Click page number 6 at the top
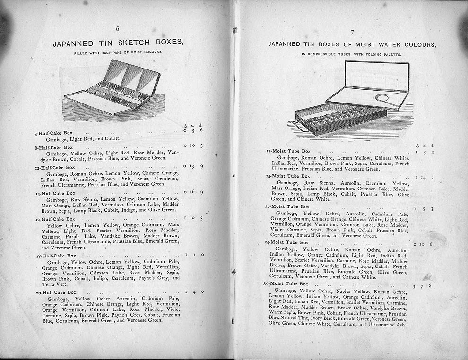pyautogui.click(x=117, y=29)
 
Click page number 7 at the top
pyautogui.click(x=352, y=33)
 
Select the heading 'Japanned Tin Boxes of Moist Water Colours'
pyautogui.click(x=352, y=44)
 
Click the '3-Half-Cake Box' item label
pyautogui.click(x=53, y=133)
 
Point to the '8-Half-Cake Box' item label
pyautogui.click(x=53, y=147)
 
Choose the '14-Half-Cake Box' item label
pyautogui.click(x=55, y=193)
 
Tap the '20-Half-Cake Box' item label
pyautogui.click(x=56, y=292)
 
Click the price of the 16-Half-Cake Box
pyautogui.click(x=193, y=218)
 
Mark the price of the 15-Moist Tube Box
pyautogui.click(x=424, y=178)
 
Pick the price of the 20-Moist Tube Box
pyautogui.click(x=424, y=208)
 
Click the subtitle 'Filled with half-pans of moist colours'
pyautogui.click(x=118, y=52)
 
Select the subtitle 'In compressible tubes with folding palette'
pyautogui.click(x=352, y=55)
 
